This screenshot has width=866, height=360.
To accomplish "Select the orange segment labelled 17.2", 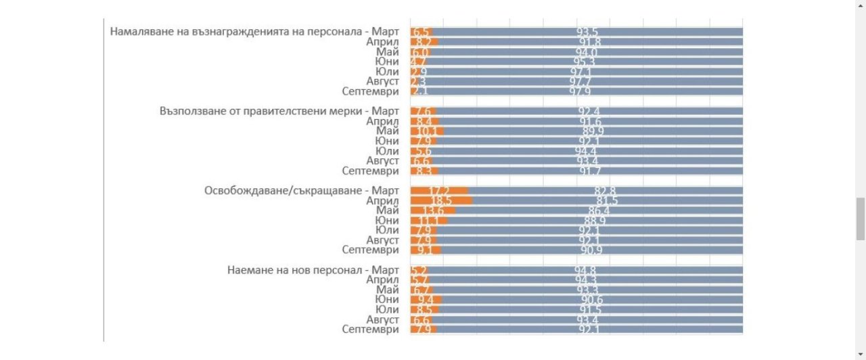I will click(x=440, y=191).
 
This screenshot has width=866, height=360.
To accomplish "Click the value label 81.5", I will click(x=607, y=201).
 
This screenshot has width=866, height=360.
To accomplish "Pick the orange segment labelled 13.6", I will click(x=432, y=210).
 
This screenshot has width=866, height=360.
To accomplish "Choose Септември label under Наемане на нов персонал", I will click(x=370, y=330).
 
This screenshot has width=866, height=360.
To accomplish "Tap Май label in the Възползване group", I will click(x=388, y=131).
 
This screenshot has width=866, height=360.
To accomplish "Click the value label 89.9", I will click(x=589, y=131).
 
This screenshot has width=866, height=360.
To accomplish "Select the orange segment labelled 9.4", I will click(x=426, y=300).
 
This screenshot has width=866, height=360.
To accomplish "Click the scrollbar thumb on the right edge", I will click(x=861, y=219).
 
